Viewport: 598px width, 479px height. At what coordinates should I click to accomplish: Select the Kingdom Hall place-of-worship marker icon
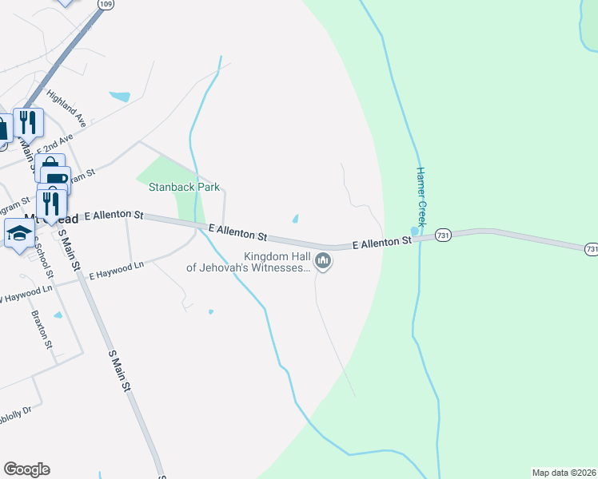coord(323,260)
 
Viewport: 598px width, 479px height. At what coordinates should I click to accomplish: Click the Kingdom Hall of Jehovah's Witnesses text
coord(248,263)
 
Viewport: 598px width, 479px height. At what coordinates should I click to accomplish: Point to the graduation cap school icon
coord(19,233)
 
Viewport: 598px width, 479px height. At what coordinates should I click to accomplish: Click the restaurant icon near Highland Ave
coord(28,121)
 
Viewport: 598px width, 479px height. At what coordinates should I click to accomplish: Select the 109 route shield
coord(106,4)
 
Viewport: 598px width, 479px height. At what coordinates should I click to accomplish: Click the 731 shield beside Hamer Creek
coord(445,235)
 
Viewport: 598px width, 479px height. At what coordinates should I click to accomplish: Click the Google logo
coord(26,469)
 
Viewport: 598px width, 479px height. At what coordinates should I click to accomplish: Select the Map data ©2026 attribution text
coord(564,473)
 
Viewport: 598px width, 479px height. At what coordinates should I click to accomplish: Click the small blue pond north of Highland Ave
coord(119,97)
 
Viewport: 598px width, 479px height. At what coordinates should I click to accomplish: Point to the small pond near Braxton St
coord(58,316)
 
